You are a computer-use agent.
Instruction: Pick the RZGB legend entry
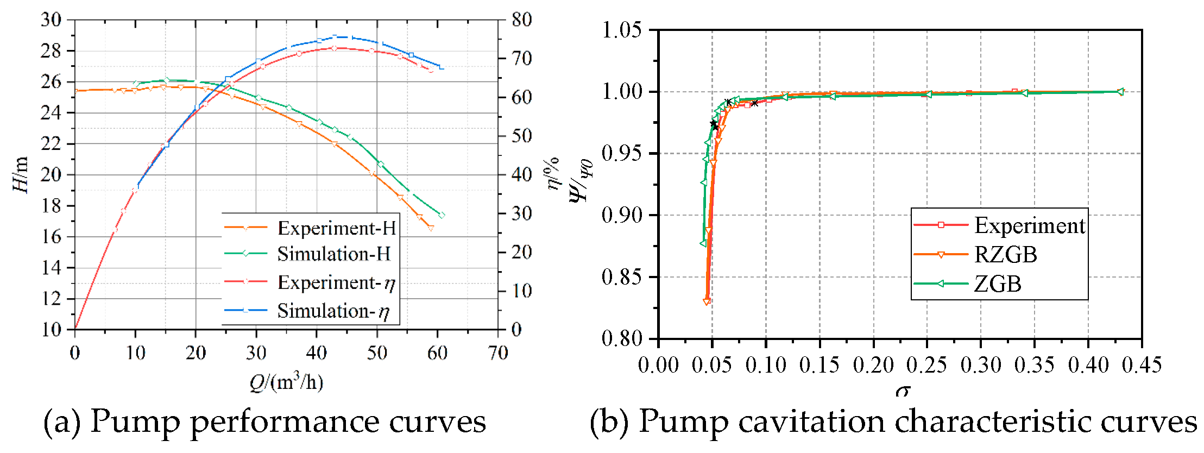(x=1005, y=255)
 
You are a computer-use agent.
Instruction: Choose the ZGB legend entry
(x=998, y=284)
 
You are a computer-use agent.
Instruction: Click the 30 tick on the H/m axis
(x=52, y=20)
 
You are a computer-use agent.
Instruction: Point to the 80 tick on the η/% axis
(x=521, y=20)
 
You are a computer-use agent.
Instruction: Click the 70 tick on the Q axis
(x=497, y=354)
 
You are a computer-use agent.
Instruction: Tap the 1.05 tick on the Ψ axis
(x=622, y=30)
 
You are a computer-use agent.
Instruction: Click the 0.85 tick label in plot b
(x=622, y=277)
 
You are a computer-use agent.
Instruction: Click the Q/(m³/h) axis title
(x=286, y=382)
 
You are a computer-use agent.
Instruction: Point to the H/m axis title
(x=21, y=174)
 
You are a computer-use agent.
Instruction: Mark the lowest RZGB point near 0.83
(x=707, y=301)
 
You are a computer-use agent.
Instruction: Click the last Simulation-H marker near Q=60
(x=442, y=215)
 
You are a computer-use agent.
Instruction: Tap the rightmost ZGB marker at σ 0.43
(x=1120, y=92)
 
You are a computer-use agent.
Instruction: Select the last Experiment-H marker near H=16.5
(x=431, y=228)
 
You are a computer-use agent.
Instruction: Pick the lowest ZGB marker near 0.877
(x=703, y=243)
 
